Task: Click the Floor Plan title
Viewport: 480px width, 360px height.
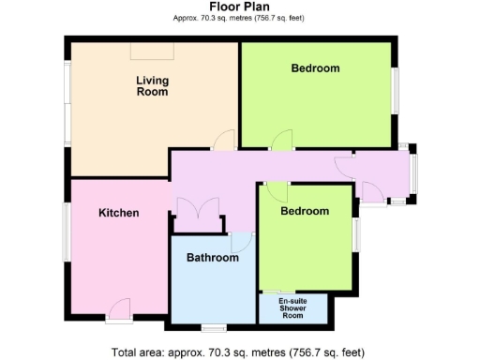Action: click(239, 7)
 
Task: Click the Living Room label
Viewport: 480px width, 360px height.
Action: click(152, 86)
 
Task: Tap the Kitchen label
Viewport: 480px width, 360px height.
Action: click(119, 213)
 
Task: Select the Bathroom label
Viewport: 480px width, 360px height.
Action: click(212, 257)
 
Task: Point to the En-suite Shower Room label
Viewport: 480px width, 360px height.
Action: click(293, 308)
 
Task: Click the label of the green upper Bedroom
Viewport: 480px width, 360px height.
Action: click(315, 68)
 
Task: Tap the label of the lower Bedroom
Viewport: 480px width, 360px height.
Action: click(306, 211)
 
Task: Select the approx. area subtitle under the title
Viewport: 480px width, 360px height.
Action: click(239, 19)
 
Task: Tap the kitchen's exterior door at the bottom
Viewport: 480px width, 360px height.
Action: click(119, 309)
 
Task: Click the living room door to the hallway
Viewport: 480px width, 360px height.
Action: click(223, 141)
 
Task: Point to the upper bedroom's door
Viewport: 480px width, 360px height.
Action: click(279, 141)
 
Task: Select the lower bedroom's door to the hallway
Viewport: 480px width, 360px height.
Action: click(275, 191)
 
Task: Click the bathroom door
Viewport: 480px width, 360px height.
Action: click(241, 241)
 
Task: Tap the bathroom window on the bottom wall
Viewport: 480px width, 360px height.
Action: click(214, 327)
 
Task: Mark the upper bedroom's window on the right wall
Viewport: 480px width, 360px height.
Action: click(395, 94)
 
